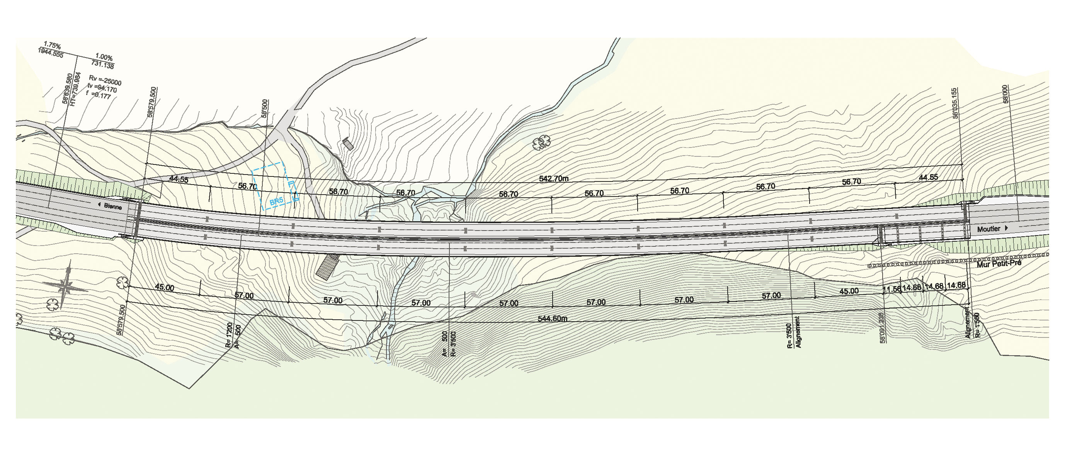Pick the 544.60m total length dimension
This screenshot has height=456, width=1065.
pyautogui.click(x=552, y=319)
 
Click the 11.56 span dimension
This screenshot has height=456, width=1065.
pyautogui.click(x=892, y=289)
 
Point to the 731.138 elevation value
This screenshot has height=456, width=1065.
pyautogui.click(x=102, y=65)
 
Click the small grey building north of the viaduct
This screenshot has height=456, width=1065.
pyautogui.click(x=349, y=144)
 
